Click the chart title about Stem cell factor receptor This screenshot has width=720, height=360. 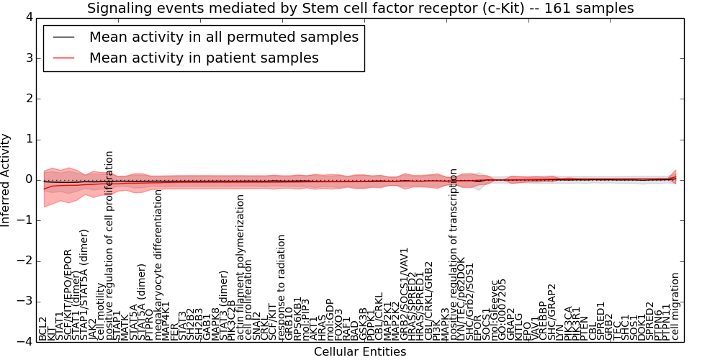point(360,9)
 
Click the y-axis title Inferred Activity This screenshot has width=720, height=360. point(6,179)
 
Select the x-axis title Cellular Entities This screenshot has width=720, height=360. point(360,352)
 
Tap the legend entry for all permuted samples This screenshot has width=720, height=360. point(223,37)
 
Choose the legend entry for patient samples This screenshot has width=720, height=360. point(204,58)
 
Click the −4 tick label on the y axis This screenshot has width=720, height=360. point(24,342)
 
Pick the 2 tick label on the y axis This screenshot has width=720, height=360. point(27,99)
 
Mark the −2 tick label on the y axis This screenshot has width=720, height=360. point(24,261)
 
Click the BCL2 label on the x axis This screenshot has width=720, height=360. point(43,328)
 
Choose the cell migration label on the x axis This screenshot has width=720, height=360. point(675,305)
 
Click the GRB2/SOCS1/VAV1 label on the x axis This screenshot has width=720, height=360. point(405,294)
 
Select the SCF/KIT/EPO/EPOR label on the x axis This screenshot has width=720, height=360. point(68,295)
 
